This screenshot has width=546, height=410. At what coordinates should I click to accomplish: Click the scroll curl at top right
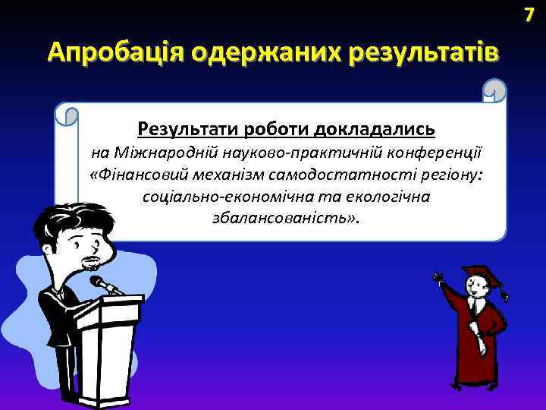click(x=494, y=92)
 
